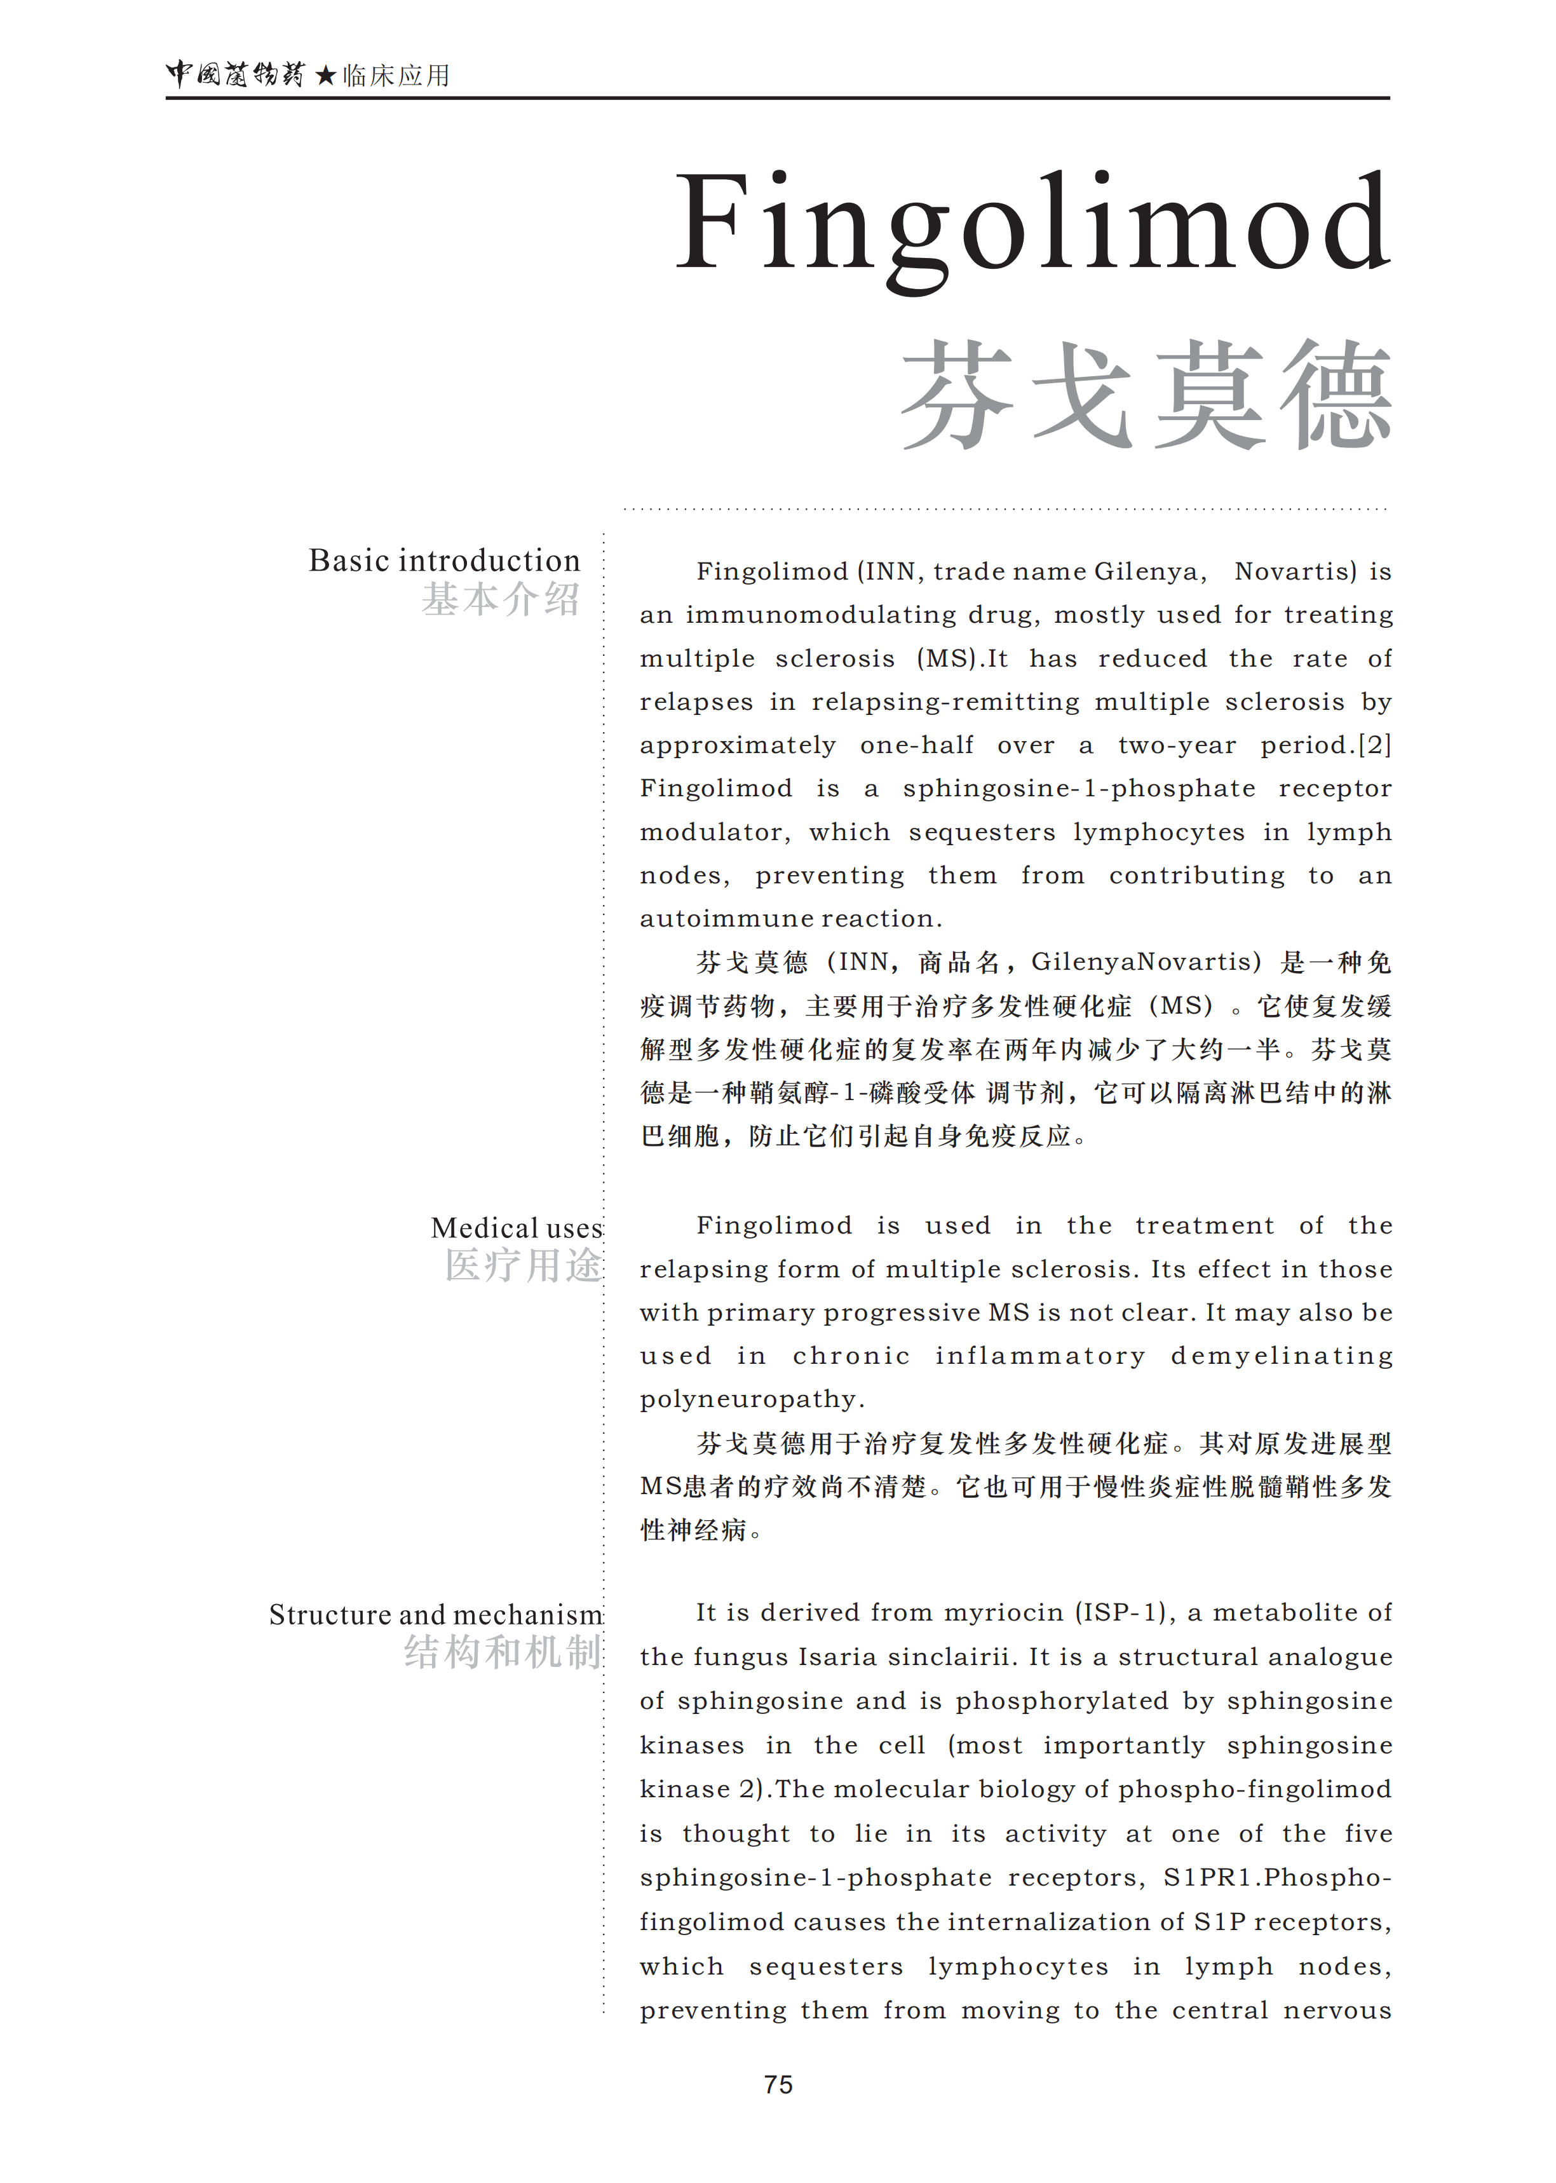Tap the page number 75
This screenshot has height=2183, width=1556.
coord(778,2084)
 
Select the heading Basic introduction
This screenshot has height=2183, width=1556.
coord(443,561)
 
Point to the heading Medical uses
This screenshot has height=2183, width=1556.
coord(517,1228)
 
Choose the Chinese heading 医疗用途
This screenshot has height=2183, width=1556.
coord(523,1266)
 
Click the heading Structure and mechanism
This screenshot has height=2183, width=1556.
coord(435,1615)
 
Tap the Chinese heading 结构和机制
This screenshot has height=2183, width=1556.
coord(502,1653)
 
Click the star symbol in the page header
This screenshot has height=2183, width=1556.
coord(325,76)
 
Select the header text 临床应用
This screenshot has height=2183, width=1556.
coord(396,76)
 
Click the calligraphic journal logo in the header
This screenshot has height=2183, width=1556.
coord(234,74)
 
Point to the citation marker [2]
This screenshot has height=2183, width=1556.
coord(1375,745)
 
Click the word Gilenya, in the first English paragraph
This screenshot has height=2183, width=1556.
coord(1150,572)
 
